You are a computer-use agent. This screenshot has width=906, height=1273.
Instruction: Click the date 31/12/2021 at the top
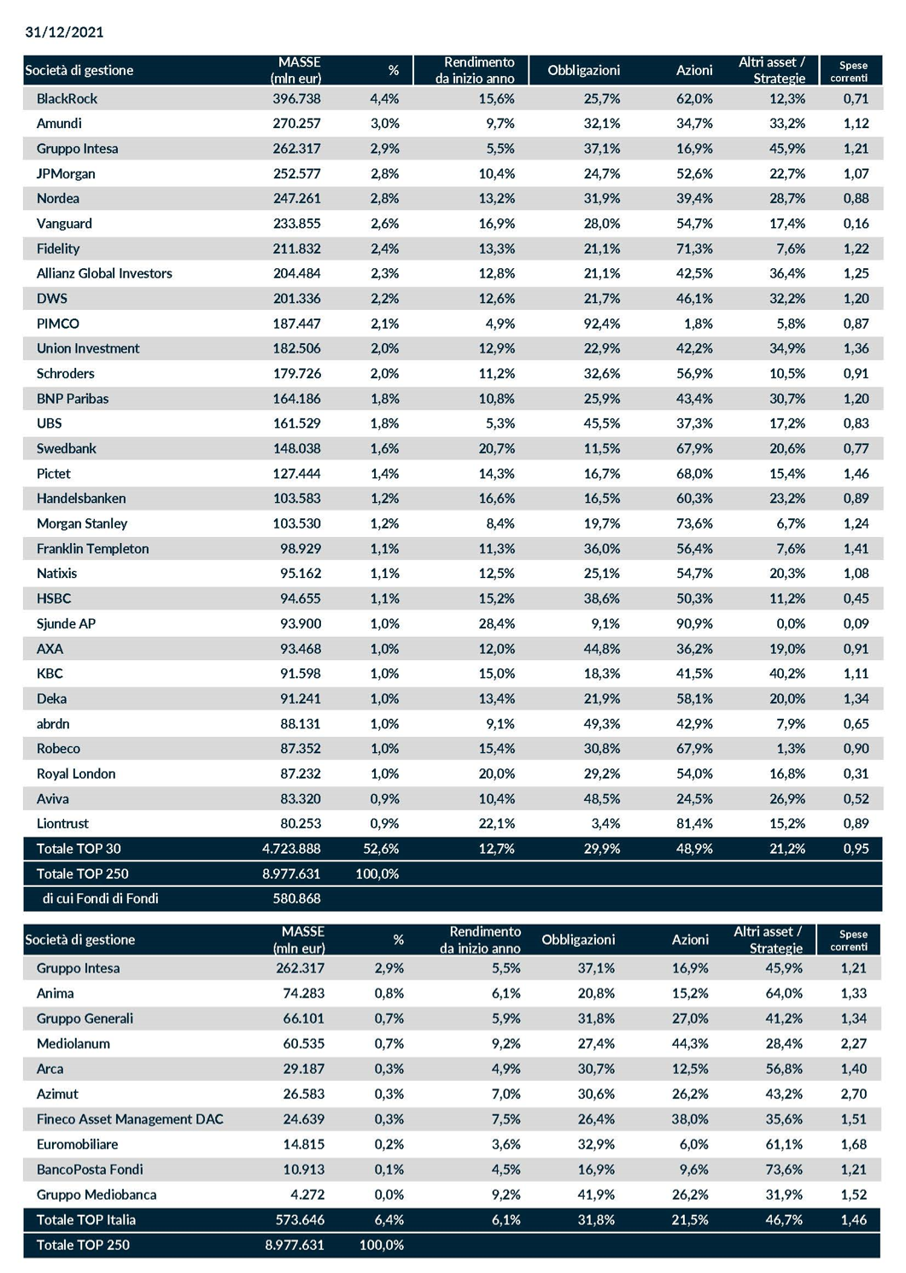[64, 32]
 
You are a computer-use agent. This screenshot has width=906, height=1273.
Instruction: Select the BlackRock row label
[67, 98]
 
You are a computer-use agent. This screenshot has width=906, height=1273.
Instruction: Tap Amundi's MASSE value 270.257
[296, 123]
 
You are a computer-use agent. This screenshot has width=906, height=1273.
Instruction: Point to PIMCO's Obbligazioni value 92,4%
[602, 324]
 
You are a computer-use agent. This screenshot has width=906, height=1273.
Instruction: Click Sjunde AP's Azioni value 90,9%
[694, 623]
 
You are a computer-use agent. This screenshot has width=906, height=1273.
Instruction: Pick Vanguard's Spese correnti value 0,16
[856, 224]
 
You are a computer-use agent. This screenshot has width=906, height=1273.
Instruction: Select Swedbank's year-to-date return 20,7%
[497, 448]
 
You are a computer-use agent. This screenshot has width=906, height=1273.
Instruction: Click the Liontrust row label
[62, 823]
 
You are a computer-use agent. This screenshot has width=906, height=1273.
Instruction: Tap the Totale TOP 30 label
[79, 849]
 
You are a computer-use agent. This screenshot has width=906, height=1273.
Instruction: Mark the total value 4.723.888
[291, 849]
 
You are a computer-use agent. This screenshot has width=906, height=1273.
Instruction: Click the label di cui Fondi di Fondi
[100, 898]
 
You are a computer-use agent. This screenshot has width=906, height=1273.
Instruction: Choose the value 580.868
[296, 898]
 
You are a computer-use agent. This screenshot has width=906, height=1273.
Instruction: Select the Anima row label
[56, 994]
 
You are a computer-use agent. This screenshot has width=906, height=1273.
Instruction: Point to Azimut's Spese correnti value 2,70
[854, 1094]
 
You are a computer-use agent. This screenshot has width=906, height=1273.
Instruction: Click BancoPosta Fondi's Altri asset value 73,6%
[784, 1170]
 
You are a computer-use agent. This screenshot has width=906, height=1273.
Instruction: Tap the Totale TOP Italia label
[86, 1219]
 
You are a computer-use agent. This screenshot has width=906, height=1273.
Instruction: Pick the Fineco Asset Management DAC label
[130, 1119]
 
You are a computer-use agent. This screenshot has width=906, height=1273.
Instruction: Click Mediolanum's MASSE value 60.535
[303, 1043]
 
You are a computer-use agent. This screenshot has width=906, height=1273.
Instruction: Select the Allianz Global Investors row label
[104, 273]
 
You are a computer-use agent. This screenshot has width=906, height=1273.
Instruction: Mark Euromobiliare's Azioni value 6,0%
[694, 1144]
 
